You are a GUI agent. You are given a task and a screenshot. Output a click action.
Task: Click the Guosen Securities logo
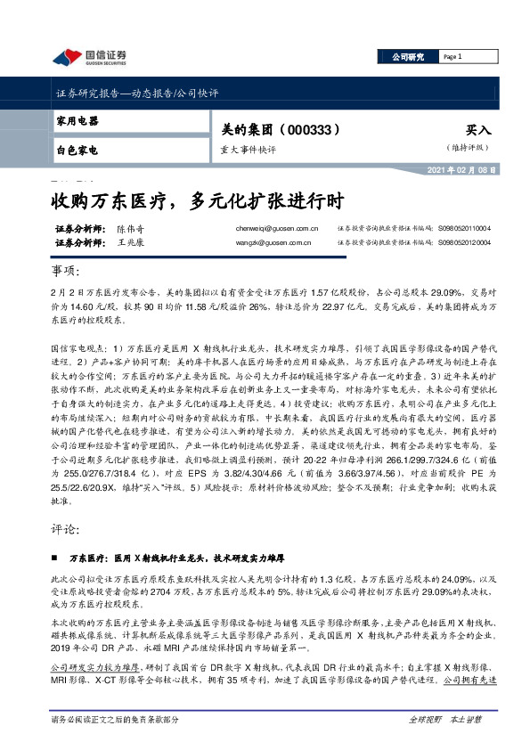(x=89, y=58)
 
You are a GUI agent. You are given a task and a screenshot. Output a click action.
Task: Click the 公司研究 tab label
(x=408, y=57)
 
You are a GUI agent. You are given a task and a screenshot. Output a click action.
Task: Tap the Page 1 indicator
(x=453, y=57)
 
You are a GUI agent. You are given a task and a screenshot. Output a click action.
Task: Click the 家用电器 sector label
(x=77, y=121)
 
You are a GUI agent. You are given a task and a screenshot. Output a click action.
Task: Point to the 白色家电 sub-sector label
(x=77, y=150)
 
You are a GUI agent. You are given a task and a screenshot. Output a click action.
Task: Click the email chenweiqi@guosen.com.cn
(x=272, y=229)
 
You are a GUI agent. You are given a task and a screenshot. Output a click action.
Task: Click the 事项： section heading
(x=66, y=271)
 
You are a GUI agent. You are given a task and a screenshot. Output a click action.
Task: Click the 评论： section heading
(x=66, y=527)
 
